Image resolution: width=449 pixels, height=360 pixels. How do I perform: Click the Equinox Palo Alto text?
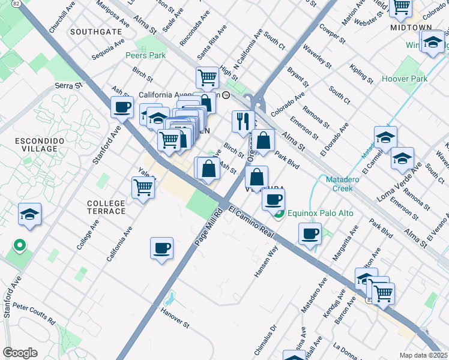click(x=321, y=213)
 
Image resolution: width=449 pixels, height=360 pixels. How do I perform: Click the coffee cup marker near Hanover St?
click(x=161, y=248)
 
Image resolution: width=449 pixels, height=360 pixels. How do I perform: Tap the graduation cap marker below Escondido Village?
click(x=29, y=215)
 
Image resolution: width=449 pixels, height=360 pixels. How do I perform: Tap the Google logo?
click(x=20, y=353)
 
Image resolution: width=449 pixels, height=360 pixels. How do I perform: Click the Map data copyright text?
click(x=423, y=355)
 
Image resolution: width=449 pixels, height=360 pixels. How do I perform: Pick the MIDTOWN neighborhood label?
click(x=411, y=28)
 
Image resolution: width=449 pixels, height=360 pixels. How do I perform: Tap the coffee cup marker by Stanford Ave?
click(x=122, y=107)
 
